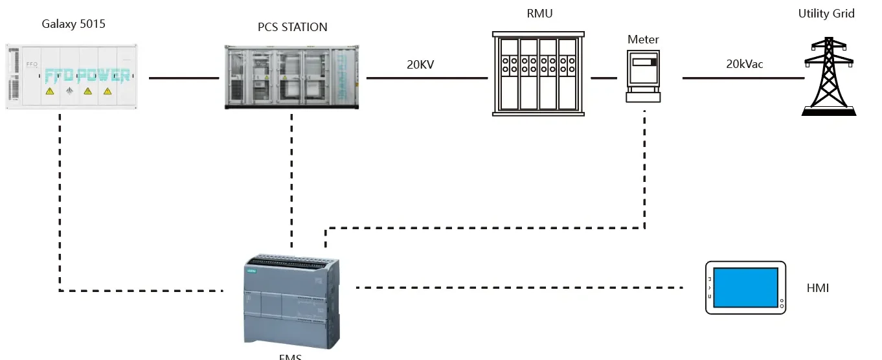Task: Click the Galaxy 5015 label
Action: coord(73,25)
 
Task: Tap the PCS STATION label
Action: coord(293,27)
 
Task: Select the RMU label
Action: coord(539,14)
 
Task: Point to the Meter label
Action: coord(643,39)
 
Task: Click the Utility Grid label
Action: coord(826,14)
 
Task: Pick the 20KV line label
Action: coord(422,64)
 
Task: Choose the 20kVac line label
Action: coord(745,64)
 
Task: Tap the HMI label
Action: coord(818,288)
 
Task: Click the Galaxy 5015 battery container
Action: coord(72,76)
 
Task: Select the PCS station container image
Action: coord(291,77)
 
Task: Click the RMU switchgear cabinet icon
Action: coord(538,74)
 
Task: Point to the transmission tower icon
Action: coord(830,76)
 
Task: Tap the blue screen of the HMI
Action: coord(745,287)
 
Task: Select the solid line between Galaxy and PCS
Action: coord(185,78)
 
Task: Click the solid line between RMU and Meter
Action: coord(604,78)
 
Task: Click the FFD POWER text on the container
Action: coord(87,76)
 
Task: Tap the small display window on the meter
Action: coord(644,63)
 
